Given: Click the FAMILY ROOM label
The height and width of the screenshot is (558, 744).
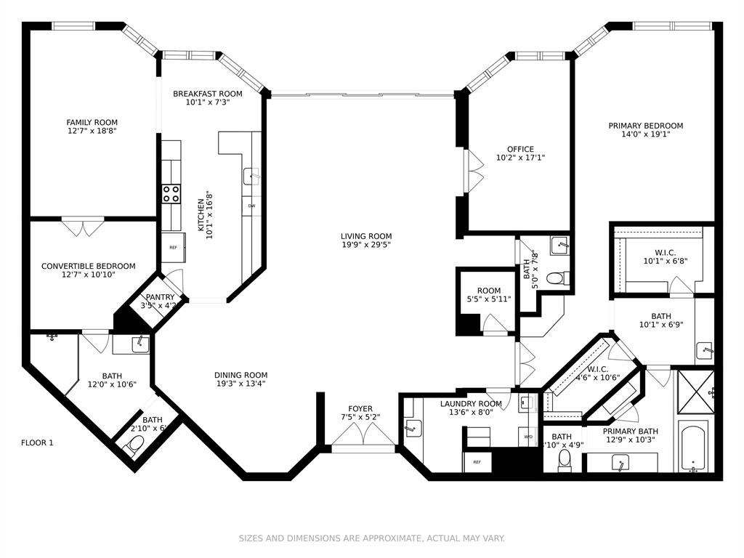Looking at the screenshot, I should (92, 122).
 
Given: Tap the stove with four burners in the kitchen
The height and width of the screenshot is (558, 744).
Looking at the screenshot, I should (171, 193).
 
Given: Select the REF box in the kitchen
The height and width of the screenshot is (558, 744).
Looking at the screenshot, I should (173, 248).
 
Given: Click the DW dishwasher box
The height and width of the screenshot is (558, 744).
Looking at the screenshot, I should (251, 206).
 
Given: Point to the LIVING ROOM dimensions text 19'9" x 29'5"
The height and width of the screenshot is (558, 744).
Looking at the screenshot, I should (366, 246).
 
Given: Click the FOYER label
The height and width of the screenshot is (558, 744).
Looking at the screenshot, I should (360, 409).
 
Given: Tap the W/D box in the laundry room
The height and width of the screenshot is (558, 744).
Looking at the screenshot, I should (528, 437).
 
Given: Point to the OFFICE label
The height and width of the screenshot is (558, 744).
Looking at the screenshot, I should (520, 149).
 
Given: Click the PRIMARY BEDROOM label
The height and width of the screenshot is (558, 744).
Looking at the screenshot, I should (645, 126).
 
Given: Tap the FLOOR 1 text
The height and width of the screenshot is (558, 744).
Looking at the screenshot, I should (37, 442).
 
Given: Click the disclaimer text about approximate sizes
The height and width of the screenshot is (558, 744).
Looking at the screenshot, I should (372, 538).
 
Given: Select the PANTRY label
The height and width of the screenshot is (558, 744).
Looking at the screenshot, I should (160, 297).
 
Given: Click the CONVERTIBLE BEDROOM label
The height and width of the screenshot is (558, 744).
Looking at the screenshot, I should (88, 266).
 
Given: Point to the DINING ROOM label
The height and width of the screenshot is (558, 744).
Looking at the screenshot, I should (240, 375).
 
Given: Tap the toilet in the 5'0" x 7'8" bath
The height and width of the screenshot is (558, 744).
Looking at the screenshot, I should (557, 278).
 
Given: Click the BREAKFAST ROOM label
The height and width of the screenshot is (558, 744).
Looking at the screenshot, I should (207, 94).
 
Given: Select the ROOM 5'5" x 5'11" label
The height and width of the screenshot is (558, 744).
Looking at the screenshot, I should (489, 291).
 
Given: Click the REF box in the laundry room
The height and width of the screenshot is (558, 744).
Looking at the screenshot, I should (477, 461).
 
